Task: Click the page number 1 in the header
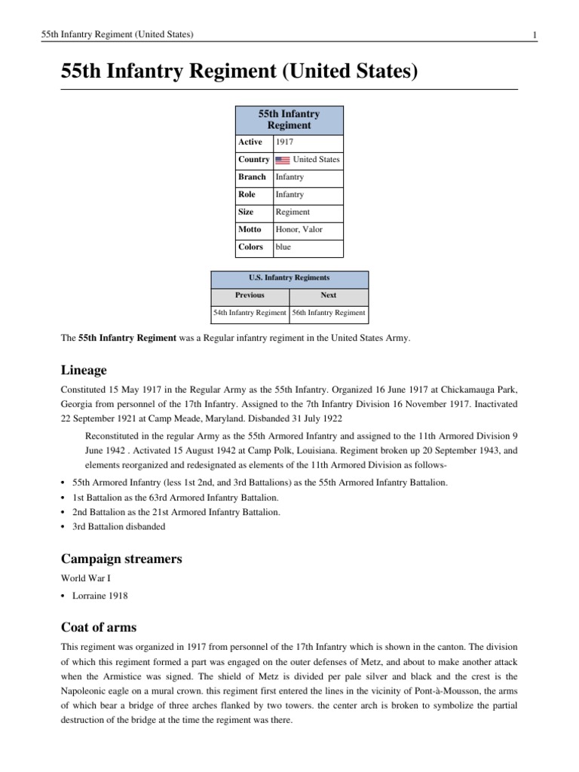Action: (x=534, y=35)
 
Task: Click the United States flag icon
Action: (x=282, y=160)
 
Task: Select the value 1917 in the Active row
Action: (x=284, y=142)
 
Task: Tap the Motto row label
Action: (x=250, y=229)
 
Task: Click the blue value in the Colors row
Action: (x=283, y=247)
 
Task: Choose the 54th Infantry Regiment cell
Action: (x=250, y=312)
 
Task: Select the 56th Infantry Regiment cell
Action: (x=329, y=312)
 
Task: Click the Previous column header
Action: (x=250, y=296)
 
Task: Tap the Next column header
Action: (x=329, y=296)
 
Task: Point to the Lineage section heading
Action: (x=84, y=370)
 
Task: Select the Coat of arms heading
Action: (x=99, y=627)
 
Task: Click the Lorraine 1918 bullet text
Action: (x=100, y=596)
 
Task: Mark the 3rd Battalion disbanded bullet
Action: (x=118, y=527)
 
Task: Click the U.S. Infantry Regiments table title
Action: (x=289, y=277)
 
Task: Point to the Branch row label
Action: (x=252, y=177)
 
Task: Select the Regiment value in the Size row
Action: (x=293, y=212)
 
